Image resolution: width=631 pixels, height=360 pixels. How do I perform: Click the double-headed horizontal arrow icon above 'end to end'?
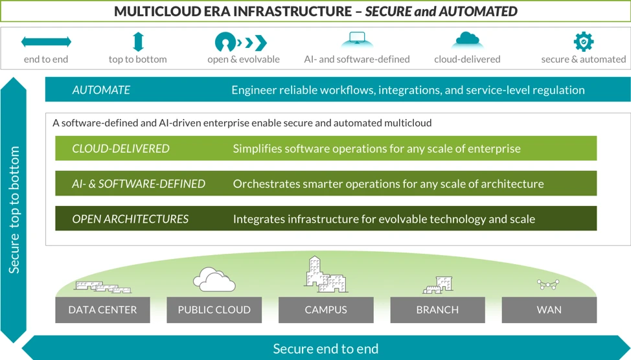pos(46,42)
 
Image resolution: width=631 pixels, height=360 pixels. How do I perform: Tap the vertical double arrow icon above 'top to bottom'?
pos(137,42)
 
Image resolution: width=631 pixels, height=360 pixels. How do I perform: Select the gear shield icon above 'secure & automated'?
pos(583,41)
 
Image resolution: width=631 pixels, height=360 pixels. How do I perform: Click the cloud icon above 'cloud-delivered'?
pos(467,41)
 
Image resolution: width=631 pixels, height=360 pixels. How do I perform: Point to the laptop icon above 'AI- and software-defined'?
pos(357,41)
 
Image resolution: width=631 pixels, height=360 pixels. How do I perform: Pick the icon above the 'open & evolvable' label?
pos(241,43)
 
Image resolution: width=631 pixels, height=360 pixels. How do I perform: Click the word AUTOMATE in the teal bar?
pos(101,90)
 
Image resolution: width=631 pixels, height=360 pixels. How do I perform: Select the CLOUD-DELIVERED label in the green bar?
pos(120,148)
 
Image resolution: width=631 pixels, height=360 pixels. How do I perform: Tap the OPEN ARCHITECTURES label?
pos(130,219)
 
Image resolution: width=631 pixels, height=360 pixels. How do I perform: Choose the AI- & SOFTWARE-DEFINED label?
pos(139,184)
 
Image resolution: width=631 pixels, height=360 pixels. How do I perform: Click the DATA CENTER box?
pos(102,309)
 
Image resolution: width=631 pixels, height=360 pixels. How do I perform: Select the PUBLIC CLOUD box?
pos(214,309)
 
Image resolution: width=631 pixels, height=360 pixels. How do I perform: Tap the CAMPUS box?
pos(326,309)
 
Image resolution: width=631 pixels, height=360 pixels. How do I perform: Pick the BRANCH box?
pos(437,309)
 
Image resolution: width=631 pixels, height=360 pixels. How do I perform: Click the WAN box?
pos(549,309)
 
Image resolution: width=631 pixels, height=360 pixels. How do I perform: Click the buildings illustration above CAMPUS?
pos(326,275)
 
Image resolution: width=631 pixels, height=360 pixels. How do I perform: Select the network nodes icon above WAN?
pos(548,284)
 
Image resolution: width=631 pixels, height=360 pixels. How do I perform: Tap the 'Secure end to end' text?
pos(325,348)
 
